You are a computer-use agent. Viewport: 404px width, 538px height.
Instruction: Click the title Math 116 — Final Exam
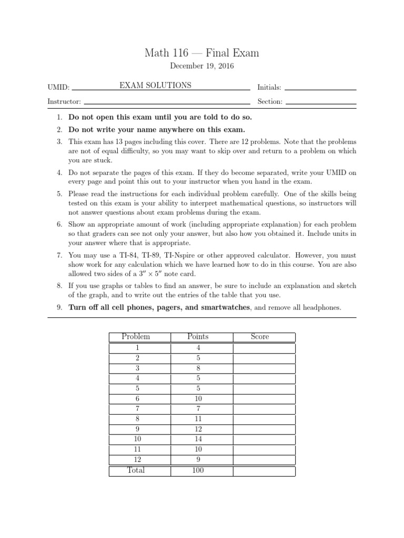coord(202,53)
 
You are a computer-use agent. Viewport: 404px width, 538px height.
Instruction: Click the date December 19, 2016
coord(202,66)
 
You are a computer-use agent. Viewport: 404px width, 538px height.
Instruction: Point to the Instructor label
coord(64,101)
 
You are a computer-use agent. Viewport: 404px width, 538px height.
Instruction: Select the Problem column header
coord(136,337)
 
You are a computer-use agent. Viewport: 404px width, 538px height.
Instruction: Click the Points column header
coord(198,337)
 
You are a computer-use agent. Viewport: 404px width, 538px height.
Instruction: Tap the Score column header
coord(260,337)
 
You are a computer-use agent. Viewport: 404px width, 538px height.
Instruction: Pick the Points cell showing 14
coord(198,438)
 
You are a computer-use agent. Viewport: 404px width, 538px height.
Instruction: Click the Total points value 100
coord(198,471)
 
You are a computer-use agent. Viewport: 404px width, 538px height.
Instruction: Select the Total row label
coord(136,471)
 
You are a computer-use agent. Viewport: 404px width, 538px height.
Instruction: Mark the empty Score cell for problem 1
coord(264,348)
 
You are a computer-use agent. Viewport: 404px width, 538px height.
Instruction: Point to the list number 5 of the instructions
coord(60,194)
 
